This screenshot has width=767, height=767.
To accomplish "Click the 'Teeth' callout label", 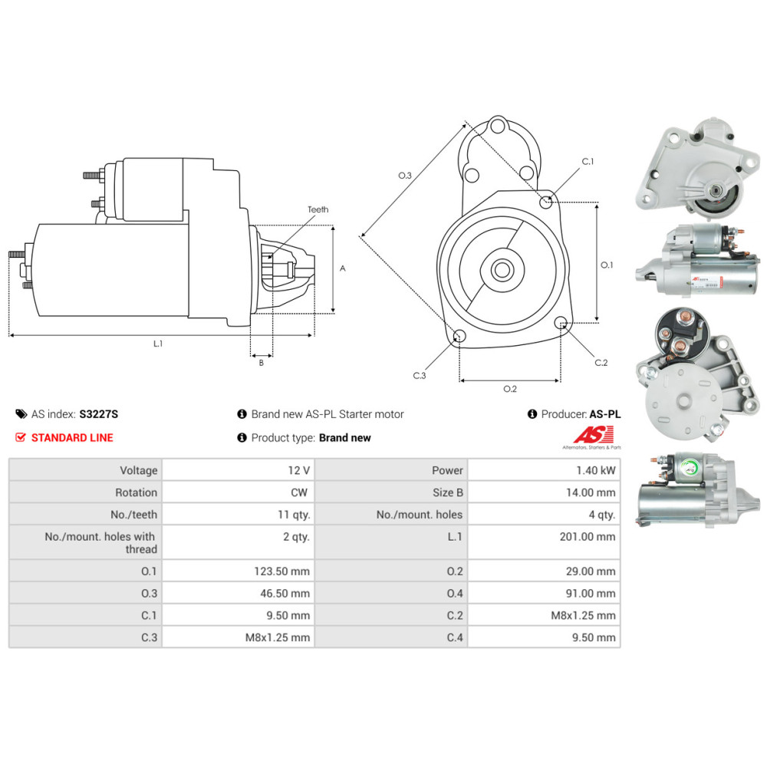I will (x=318, y=209).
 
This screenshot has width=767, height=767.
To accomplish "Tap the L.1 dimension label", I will (x=157, y=344).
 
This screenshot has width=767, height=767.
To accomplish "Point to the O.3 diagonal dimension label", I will (x=405, y=176).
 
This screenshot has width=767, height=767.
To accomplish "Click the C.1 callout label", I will (x=588, y=162).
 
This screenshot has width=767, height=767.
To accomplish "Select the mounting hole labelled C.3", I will (x=459, y=336).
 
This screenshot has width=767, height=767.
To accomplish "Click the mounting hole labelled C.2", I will (x=561, y=322).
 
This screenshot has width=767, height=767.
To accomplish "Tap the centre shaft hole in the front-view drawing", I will (x=502, y=269).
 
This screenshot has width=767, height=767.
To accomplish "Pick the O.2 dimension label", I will (x=510, y=389).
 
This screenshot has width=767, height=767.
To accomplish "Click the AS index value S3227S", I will (x=99, y=414).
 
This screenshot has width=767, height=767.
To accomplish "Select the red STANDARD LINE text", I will (x=72, y=438).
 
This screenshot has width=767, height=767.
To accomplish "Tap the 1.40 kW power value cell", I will (x=596, y=470).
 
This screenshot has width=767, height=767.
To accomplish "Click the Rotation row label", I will (x=136, y=492).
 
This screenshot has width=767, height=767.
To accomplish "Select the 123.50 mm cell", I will (x=285, y=571).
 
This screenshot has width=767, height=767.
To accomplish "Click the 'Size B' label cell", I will (x=447, y=492).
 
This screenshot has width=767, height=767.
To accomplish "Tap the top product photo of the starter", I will (x=696, y=166).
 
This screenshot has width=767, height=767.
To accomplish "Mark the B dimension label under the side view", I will (x=261, y=363).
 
